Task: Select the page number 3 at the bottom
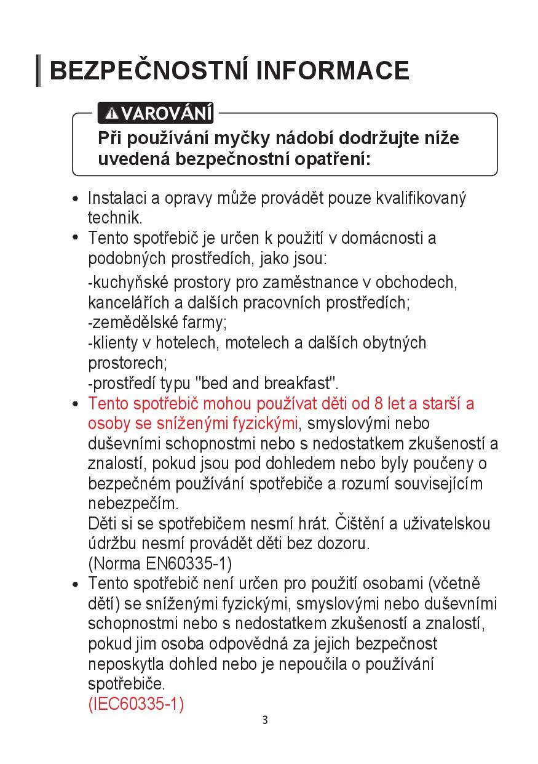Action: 265,720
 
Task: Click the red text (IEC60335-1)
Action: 136,704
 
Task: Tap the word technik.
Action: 115,217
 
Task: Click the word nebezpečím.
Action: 133,504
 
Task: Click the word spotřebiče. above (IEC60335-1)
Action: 127,684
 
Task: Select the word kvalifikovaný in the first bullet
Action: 421,198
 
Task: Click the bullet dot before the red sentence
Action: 76,405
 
